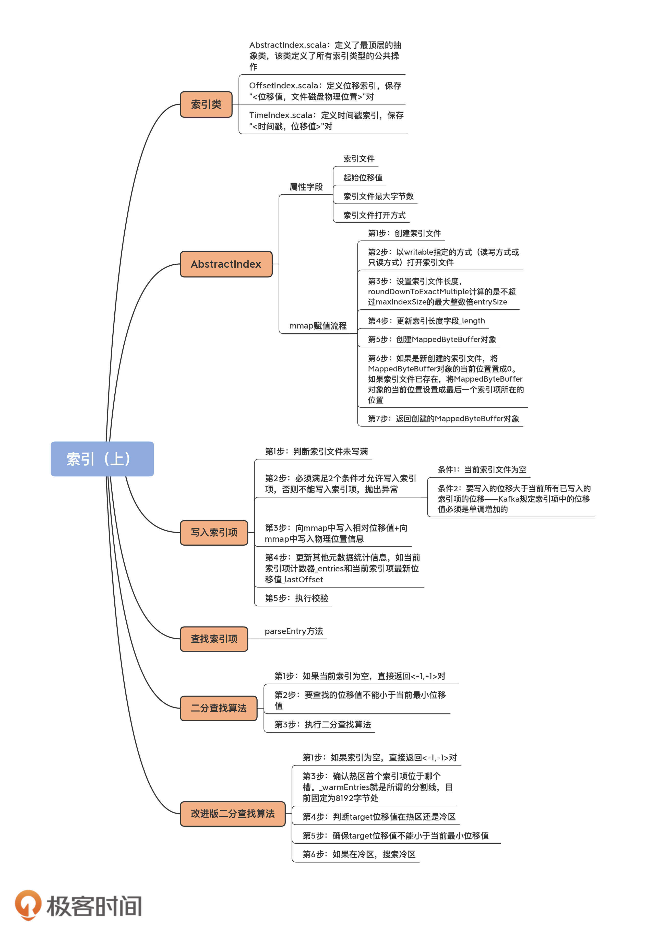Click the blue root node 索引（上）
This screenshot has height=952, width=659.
(x=102, y=459)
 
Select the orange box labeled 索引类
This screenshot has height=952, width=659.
(x=206, y=104)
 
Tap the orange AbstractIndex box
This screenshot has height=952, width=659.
(x=226, y=264)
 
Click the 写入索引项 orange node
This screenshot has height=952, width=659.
(x=214, y=532)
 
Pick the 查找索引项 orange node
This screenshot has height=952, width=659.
(x=214, y=639)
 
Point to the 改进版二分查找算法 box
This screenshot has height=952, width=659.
(x=232, y=814)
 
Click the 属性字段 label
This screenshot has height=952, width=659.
(x=306, y=187)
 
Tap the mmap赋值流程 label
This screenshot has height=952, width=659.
(x=318, y=326)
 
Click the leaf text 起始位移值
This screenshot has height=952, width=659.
(x=363, y=178)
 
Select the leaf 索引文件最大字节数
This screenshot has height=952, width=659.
(x=378, y=196)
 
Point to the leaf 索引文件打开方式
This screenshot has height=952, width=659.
(x=374, y=215)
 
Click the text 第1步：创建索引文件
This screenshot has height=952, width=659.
(x=404, y=233)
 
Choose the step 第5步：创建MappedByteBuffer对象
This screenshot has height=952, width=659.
(x=432, y=339)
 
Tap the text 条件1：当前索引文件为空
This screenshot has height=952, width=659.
(x=482, y=469)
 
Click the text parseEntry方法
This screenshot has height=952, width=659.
(x=294, y=631)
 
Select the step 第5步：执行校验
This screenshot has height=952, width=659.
(x=296, y=598)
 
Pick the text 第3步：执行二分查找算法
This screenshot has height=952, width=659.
(x=322, y=724)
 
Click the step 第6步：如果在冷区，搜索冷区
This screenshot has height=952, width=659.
(x=359, y=854)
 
